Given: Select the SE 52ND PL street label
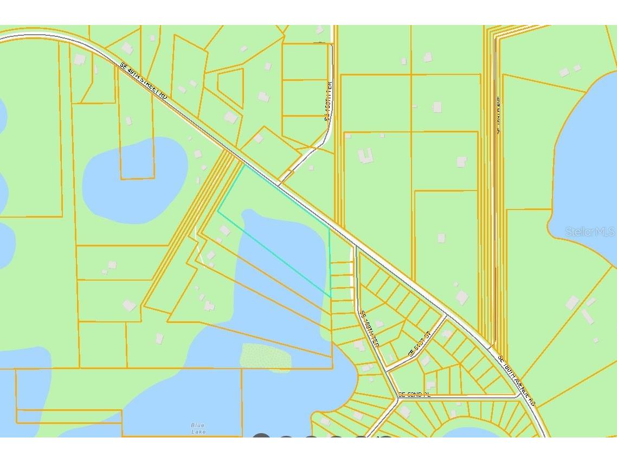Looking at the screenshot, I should tap(414, 395).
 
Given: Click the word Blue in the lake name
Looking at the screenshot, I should tap(198, 426).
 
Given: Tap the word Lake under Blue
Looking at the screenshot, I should tap(198, 432).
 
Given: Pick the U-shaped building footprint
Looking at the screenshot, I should tap(365, 156).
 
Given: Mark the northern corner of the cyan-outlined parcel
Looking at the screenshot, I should tap(245, 166).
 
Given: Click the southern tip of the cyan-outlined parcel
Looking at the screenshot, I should tap(330, 297).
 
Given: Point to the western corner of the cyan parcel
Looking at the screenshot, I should tap(218, 211).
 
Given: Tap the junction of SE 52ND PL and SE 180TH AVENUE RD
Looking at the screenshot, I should tap(519, 397).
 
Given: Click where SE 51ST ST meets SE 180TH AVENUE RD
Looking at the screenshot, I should tap(446, 315).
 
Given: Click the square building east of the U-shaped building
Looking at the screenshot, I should tap(461, 162).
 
